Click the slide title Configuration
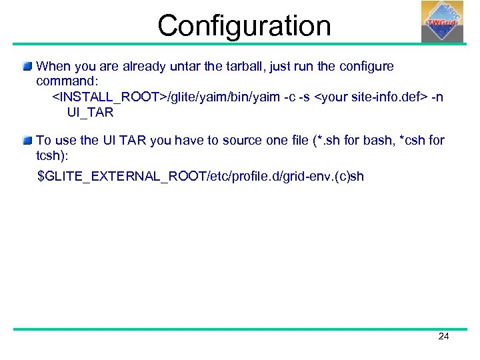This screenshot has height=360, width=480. coord(244,25)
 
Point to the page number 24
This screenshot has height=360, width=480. coord(443,337)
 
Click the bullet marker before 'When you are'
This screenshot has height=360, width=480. coord(27,66)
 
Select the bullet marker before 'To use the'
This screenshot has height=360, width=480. coord(27,141)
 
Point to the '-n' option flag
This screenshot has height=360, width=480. coord(436,97)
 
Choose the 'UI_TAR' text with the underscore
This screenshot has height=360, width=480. coord(91,113)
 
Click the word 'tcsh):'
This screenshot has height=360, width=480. coord(53,155)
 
